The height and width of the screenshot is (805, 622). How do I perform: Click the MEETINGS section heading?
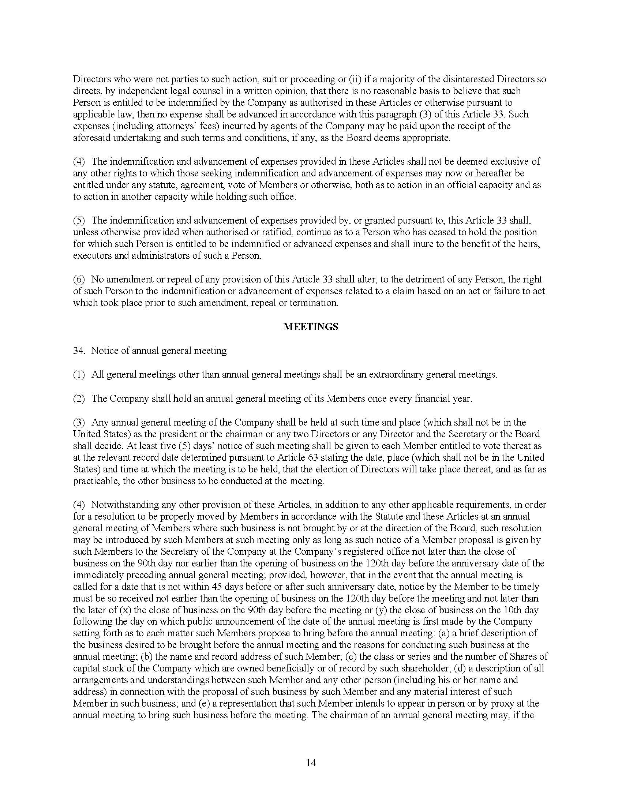pyautogui.click(x=311, y=327)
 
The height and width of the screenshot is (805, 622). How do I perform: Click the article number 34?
pyautogui.click(x=79, y=351)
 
